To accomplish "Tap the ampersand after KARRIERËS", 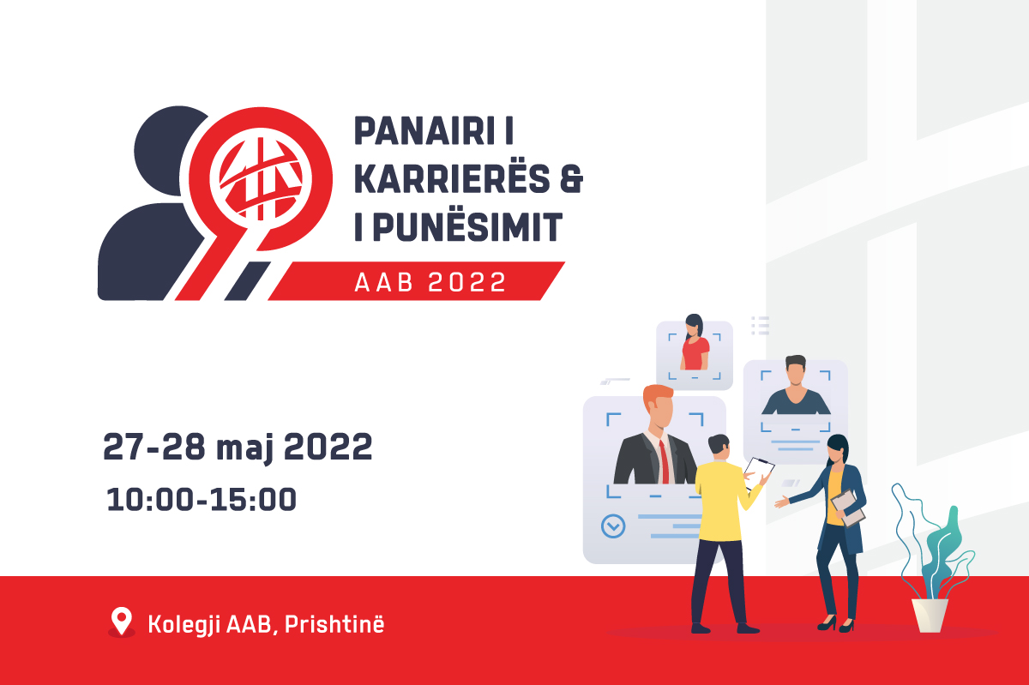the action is pos(571,178).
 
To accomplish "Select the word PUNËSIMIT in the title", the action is pos(467,226).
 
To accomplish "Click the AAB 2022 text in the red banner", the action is pos(430,281).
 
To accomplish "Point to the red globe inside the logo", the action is pos(261,179).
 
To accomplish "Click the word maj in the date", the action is pos(245,448).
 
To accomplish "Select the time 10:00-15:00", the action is pos(202,499).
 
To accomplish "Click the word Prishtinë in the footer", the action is pos(334,624).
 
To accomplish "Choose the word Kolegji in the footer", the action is pos(184,625).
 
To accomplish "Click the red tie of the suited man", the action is pos(664,461).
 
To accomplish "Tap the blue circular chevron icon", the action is pos(613,526).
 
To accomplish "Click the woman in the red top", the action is pos(694,342).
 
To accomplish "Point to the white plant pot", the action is pos(930,616).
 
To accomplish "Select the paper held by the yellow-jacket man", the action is pos(758,472).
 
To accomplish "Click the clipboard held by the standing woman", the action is pos(847,508).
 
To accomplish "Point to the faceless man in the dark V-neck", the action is pos(796,385).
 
